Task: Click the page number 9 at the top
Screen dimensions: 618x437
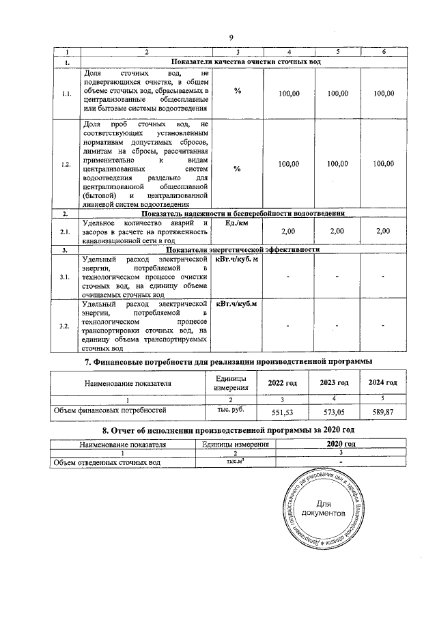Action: tap(231, 37)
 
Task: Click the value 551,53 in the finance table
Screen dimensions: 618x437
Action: tap(282, 413)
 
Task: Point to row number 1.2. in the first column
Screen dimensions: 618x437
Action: tap(66, 163)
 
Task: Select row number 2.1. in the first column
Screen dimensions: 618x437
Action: tap(66, 232)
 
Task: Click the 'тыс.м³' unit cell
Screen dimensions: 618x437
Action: tap(235, 462)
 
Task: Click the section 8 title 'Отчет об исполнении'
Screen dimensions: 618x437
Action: tap(227, 431)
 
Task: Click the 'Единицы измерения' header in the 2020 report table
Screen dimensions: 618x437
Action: tap(235, 444)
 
